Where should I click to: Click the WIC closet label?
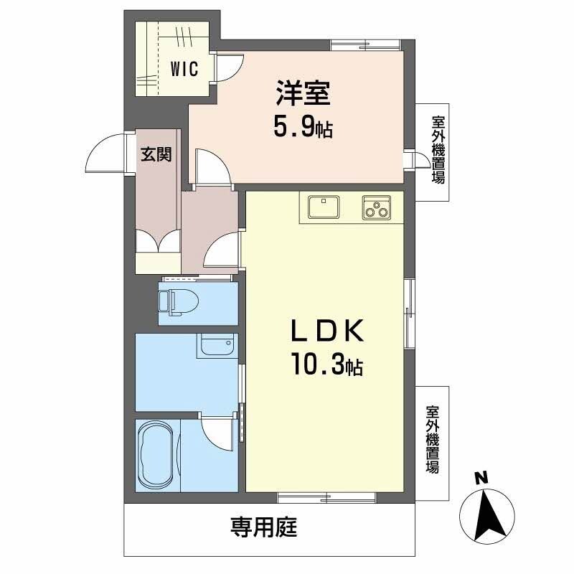pyautogui.click(x=184, y=70)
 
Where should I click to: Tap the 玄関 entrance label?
pyautogui.click(x=156, y=154)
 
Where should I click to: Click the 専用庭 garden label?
pyautogui.click(x=263, y=529)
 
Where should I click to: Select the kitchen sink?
pyautogui.click(x=326, y=207)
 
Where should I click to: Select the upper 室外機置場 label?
pyautogui.click(x=437, y=149)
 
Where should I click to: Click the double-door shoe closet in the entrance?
pyautogui.click(x=158, y=241)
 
